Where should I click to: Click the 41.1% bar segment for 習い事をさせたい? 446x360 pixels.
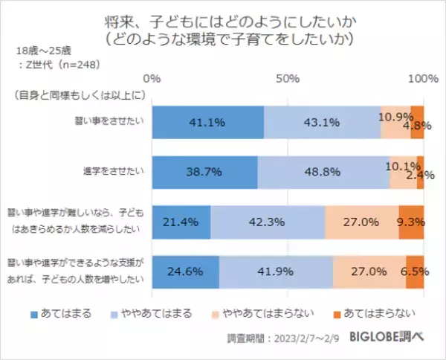(x=208, y=123)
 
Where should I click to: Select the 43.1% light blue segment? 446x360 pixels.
(x=322, y=123)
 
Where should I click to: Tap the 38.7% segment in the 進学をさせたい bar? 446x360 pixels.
(x=204, y=172)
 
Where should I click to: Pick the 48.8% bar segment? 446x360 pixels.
(x=323, y=172)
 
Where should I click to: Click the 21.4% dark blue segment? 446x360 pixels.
(x=181, y=222)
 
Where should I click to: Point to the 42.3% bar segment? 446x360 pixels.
(x=268, y=222)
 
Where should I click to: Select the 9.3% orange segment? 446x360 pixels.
(x=411, y=222)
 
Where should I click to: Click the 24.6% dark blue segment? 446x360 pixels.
(x=186, y=271)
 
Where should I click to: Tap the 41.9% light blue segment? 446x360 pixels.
(x=276, y=271)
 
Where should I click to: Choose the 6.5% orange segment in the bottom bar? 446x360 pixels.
(x=415, y=271)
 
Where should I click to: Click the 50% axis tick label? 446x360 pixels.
(x=288, y=78)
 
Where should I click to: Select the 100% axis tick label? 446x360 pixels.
(x=423, y=78)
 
